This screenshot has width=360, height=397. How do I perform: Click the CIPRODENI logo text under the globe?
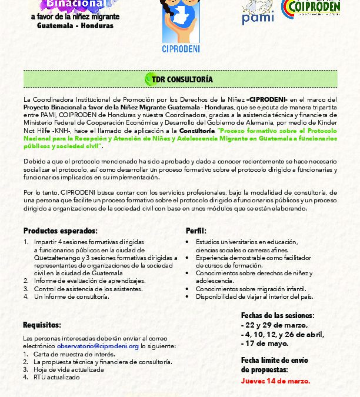[181, 48]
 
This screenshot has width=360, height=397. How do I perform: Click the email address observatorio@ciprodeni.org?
[98, 346]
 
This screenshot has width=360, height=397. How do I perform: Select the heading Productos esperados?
[61, 231]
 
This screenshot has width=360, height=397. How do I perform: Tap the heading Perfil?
[196, 231]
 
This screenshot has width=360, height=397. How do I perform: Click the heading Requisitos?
[42, 325]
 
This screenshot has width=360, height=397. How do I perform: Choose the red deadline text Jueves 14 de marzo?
[275, 381]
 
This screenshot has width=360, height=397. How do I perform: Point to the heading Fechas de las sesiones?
[278, 316]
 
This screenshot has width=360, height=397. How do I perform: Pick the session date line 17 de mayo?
[265, 343]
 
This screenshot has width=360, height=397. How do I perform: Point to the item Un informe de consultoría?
[71, 296]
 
